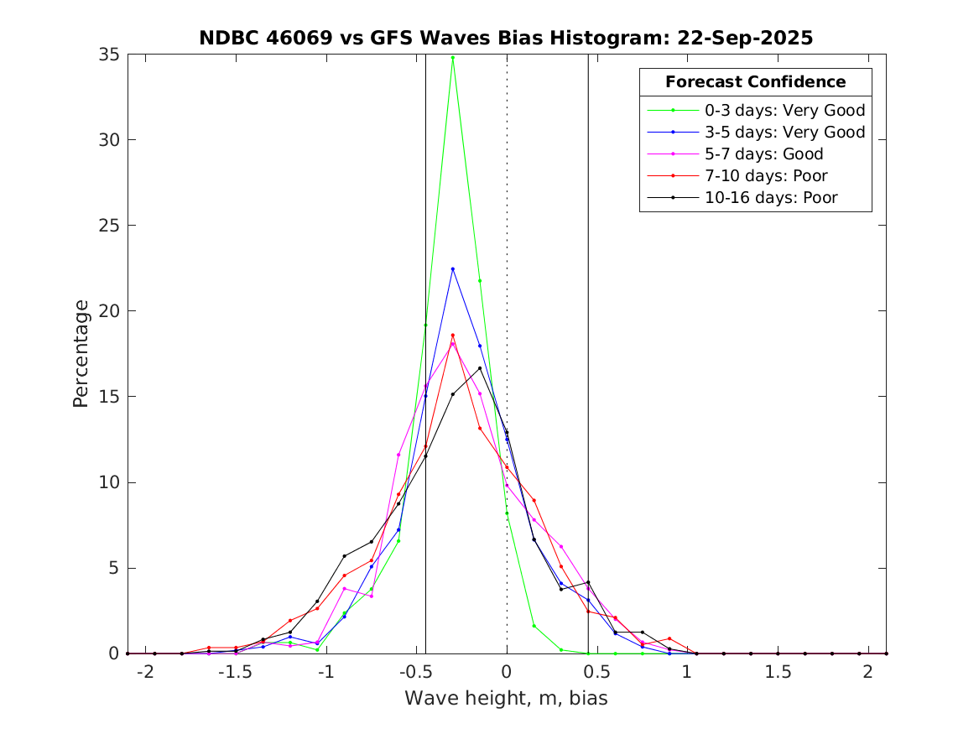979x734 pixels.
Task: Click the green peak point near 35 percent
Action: (x=452, y=58)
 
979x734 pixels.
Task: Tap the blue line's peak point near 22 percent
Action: (x=452, y=269)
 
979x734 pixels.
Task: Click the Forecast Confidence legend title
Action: (x=755, y=82)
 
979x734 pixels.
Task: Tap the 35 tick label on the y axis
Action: (x=110, y=55)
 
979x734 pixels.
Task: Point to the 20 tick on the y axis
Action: (x=110, y=311)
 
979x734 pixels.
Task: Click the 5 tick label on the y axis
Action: (x=114, y=568)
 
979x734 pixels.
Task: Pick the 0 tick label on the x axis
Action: (x=507, y=672)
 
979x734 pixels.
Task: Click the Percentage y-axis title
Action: (x=81, y=354)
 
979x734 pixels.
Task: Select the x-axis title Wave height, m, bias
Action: (x=506, y=698)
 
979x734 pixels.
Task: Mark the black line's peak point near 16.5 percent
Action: (x=480, y=368)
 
